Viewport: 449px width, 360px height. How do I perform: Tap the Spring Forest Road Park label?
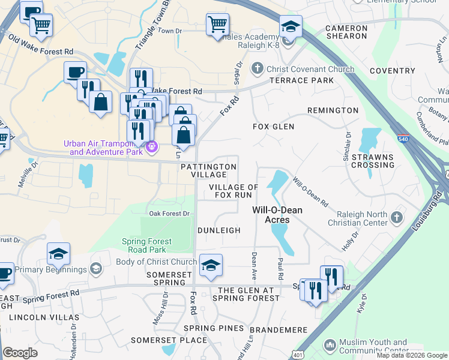tap(155, 245)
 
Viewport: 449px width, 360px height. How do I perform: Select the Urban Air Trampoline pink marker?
tap(152, 145)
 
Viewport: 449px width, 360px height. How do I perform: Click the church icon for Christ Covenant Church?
tap(258, 68)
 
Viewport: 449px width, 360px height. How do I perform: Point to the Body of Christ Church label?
tap(156, 262)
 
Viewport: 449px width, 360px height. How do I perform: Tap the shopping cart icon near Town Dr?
tap(217, 25)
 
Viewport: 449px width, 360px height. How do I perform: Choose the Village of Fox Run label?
tap(234, 191)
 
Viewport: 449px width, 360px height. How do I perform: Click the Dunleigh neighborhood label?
tap(219, 230)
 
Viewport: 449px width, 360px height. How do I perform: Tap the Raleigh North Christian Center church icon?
tap(396, 218)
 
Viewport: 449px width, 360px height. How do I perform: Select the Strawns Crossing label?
tap(372, 161)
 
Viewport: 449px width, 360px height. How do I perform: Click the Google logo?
tap(20, 353)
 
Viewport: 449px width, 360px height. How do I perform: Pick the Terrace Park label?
tap(301, 80)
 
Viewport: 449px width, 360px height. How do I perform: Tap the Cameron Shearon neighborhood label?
tap(346, 32)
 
